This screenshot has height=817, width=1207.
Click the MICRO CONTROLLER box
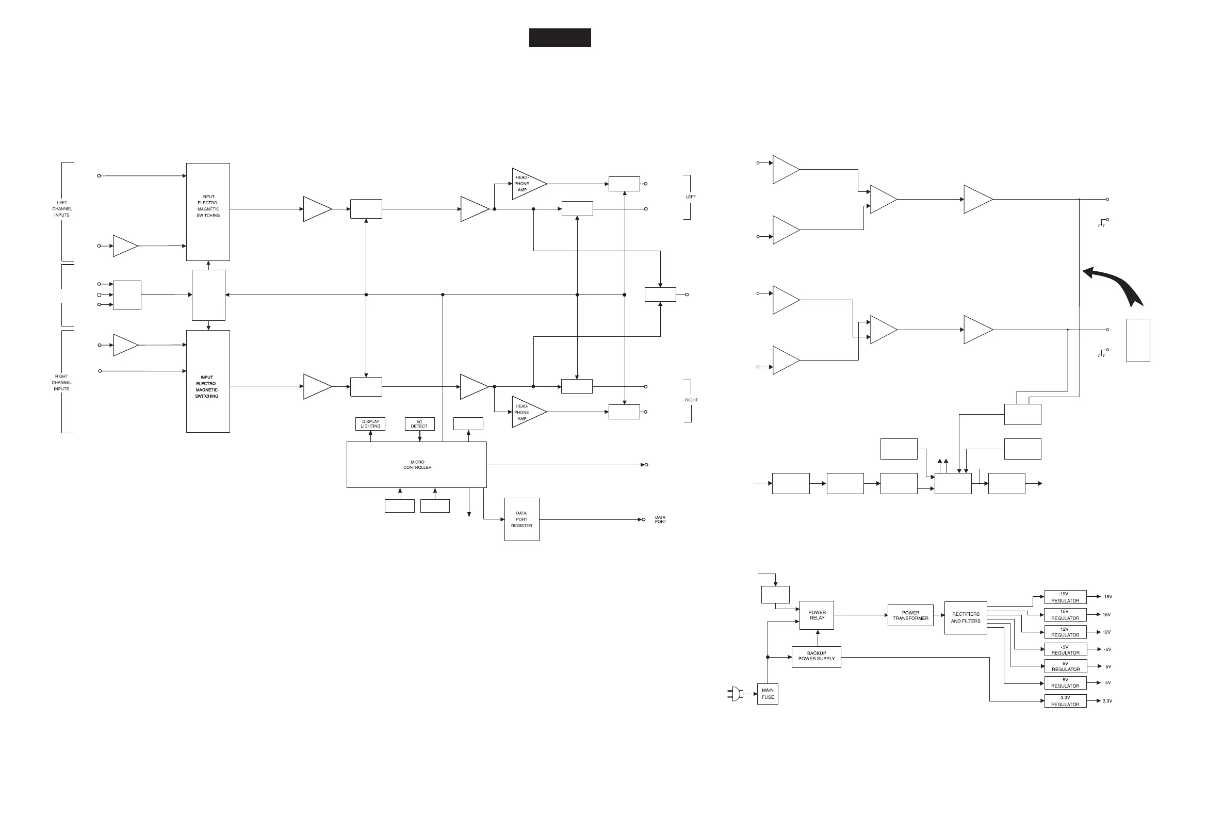[x=417, y=464]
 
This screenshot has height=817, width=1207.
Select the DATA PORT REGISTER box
[x=521, y=519]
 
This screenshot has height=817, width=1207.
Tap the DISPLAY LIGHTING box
[x=370, y=424]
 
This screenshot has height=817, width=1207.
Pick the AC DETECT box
[x=419, y=424]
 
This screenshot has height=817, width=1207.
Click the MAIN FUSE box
[x=768, y=694]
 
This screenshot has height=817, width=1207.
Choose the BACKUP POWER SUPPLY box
[x=816, y=657]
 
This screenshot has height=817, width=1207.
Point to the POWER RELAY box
[x=817, y=615]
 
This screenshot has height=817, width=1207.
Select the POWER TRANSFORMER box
[x=910, y=615]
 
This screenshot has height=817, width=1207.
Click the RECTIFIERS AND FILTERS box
[x=966, y=617]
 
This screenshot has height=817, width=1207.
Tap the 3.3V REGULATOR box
[x=1065, y=701]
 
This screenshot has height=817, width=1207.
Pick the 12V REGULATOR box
[x=1065, y=632]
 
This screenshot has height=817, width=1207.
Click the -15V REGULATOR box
[x=1065, y=597]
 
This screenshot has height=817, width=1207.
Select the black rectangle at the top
[x=560, y=38]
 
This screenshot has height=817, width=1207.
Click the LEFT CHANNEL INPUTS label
[x=62, y=209]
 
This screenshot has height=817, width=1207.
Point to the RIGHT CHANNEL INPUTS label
[x=61, y=383]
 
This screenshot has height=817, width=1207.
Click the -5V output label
[x=1107, y=650]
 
